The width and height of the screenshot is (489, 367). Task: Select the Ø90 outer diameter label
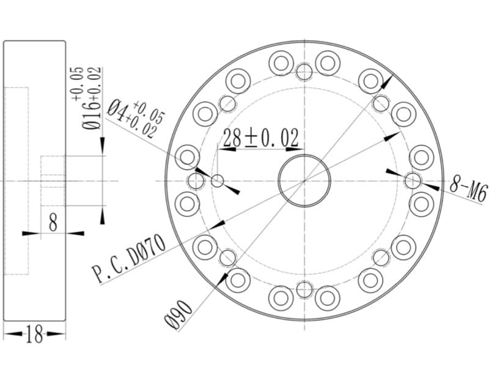(178, 314)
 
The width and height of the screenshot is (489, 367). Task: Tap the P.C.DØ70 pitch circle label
(129, 259)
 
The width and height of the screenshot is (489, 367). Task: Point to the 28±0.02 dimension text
(261, 138)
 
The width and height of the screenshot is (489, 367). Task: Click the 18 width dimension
(34, 333)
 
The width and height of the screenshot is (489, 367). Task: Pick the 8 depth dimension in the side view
(53, 223)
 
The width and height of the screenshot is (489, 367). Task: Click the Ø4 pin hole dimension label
(116, 110)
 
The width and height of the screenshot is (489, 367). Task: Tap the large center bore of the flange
(304, 180)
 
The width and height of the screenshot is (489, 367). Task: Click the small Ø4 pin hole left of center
(218, 180)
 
